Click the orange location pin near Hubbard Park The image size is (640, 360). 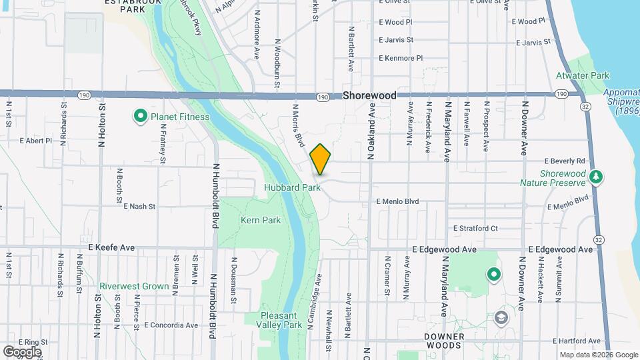pos(320,159)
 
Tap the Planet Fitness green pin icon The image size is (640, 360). pos(141,117)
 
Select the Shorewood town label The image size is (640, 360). pos(369,95)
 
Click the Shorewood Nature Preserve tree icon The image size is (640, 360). pos(598,177)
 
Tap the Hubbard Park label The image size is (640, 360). pos(292,187)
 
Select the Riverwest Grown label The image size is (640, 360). pos(134,286)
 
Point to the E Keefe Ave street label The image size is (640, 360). pos(111,247)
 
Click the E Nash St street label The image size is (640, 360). pos(139,207)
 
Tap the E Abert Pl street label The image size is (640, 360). pos(36,141)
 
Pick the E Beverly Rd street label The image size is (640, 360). pos(565,161)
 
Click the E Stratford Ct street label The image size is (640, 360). pos(475,228)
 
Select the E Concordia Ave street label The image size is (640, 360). pos(171,325)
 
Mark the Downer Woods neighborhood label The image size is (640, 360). pos(443,341)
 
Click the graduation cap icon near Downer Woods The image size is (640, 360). pos(500,317)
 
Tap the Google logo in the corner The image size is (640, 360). pos(22,351)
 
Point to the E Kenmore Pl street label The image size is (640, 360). pos(401,58)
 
